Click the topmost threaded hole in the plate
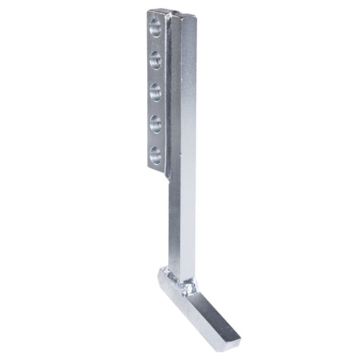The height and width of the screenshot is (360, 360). click(x=155, y=28)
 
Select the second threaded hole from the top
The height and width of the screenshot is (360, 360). click(x=155, y=59)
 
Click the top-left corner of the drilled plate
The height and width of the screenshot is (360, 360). click(x=148, y=11)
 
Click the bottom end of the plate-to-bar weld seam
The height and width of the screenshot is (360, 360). click(x=167, y=178)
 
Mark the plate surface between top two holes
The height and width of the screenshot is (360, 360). click(x=155, y=44)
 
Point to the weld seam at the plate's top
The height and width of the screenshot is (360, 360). click(x=170, y=14)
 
